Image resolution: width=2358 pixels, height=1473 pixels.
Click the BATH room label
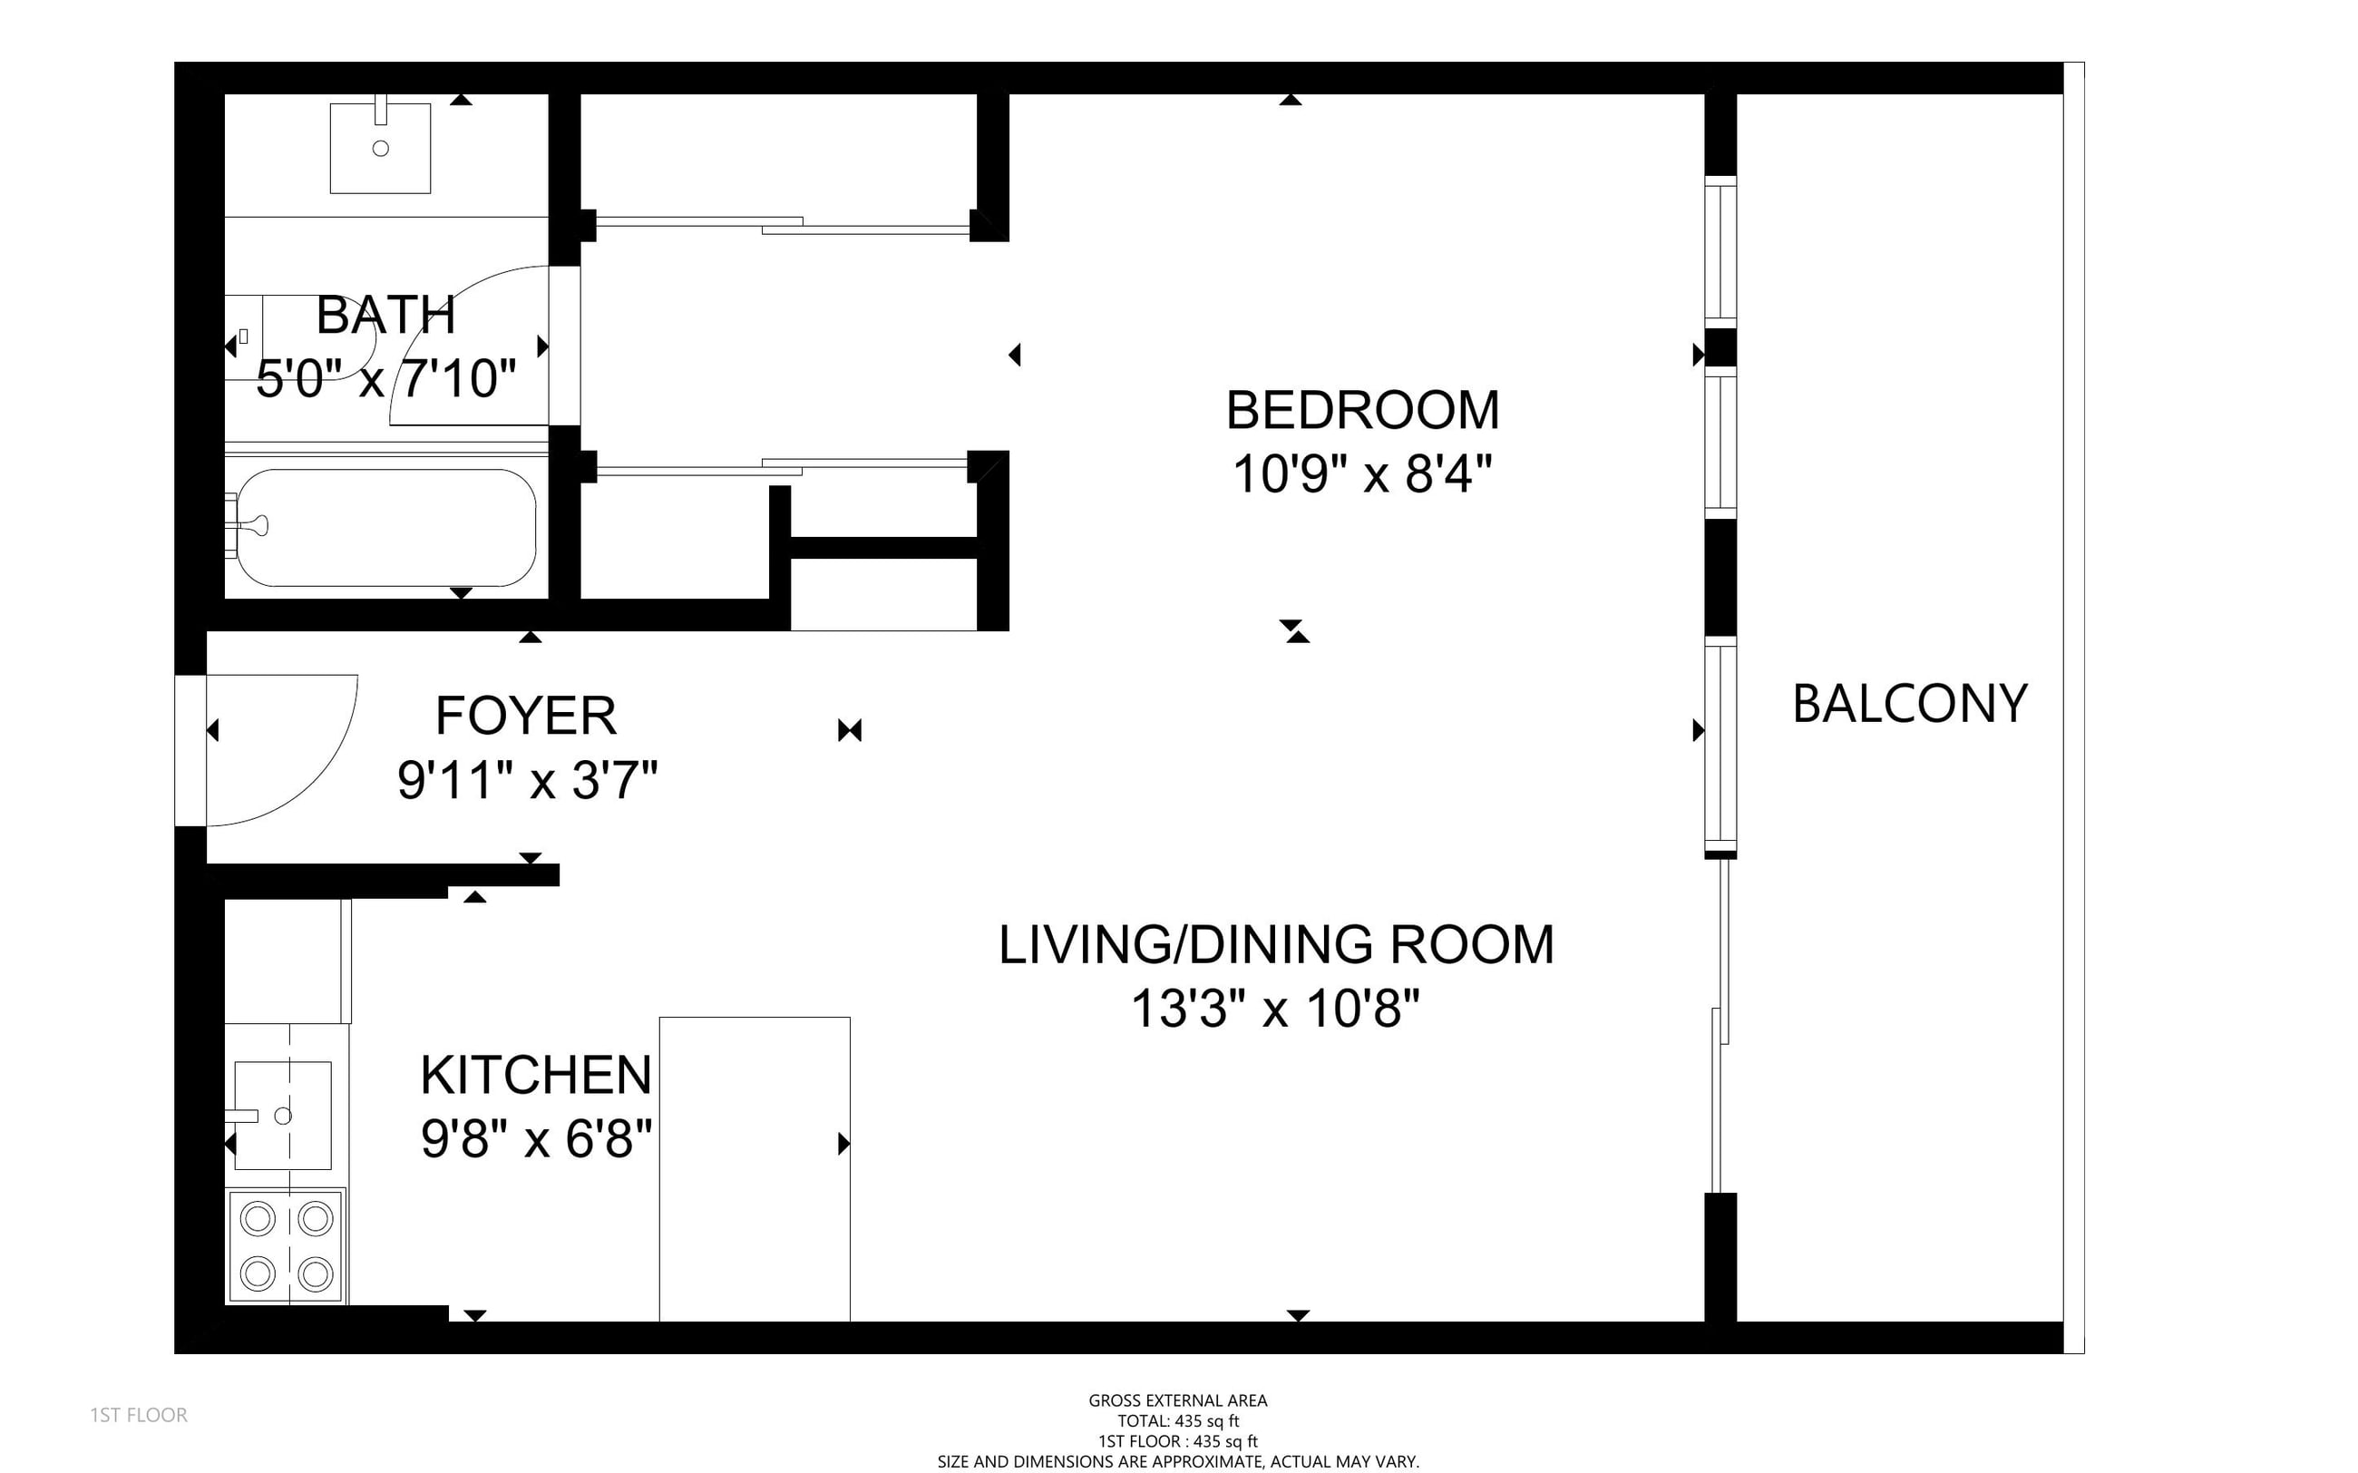[x=386, y=315]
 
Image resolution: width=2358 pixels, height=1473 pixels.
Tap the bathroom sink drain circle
[x=381, y=148]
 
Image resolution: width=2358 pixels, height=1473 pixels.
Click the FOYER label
[x=526, y=716]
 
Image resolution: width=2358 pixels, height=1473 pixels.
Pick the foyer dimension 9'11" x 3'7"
[x=528, y=780]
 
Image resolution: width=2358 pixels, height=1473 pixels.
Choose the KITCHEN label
[x=536, y=1075]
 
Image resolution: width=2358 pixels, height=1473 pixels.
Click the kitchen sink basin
[x=282, y=1116]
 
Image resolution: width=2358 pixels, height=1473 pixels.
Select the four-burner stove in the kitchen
[x=287, y=1246]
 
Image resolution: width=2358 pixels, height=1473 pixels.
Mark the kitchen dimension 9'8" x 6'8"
[x=536, y=1138]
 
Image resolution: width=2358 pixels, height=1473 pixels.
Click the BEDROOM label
[x=1362, y=410]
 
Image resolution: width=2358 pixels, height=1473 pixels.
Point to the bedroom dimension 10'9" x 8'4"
[x=1362, y=474]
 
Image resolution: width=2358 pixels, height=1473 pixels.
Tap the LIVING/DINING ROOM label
[x=1276, y=945]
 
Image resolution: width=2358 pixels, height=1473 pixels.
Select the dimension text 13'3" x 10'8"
[x=1276, y=1009]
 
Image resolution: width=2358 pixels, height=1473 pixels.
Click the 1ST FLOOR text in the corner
[x=140, y=1415]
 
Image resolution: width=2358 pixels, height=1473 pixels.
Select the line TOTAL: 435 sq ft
[x=1177, y=1421]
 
